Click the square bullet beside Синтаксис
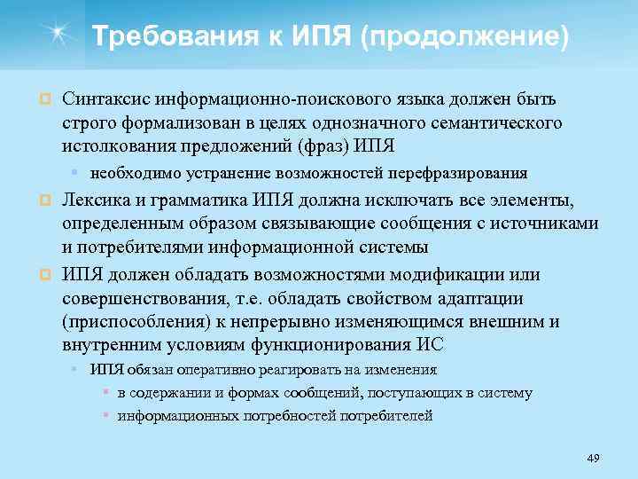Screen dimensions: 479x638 (42, 99)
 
